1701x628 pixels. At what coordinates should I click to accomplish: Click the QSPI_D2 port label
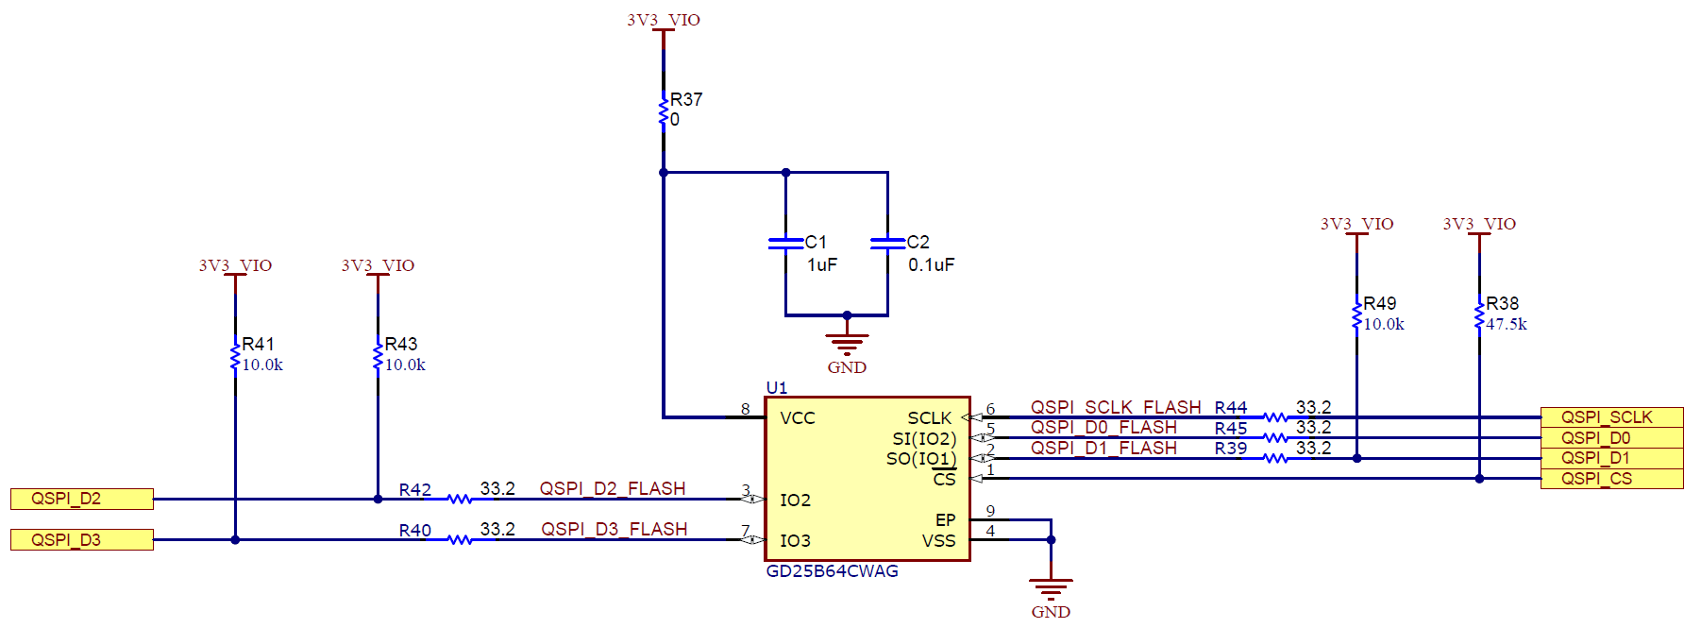click(81, 499)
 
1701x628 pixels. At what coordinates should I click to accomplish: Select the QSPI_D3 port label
click(81, 539)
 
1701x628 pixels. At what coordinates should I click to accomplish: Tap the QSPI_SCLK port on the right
click(1610, 416)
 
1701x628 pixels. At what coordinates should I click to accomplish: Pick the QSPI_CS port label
click(1610, 479)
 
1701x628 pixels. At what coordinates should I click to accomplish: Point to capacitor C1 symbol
click(785, 244)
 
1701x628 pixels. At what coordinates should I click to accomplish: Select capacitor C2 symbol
click(887, 244)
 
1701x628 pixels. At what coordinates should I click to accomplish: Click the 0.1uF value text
click(931, 265)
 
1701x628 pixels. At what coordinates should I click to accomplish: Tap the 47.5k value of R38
click(1506, 324)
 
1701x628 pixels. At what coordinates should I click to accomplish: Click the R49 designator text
click(1379, 303)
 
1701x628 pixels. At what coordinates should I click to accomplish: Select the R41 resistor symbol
click(235, 357)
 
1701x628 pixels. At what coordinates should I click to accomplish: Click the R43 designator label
click(400, 344)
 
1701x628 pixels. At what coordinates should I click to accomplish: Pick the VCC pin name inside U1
click(797, 417)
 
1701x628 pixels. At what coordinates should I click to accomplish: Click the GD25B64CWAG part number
click(832, 571)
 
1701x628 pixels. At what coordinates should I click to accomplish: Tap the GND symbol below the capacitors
click(847, 342)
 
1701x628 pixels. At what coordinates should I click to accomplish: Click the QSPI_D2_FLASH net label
click(612, 488)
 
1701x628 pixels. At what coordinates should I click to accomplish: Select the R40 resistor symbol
click(460, 539)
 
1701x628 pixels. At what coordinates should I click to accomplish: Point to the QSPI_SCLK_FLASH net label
click(1115, 407)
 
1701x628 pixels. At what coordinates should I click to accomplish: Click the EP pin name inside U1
click(945, 519)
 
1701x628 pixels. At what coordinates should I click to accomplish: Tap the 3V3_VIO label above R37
click(664, 20)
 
